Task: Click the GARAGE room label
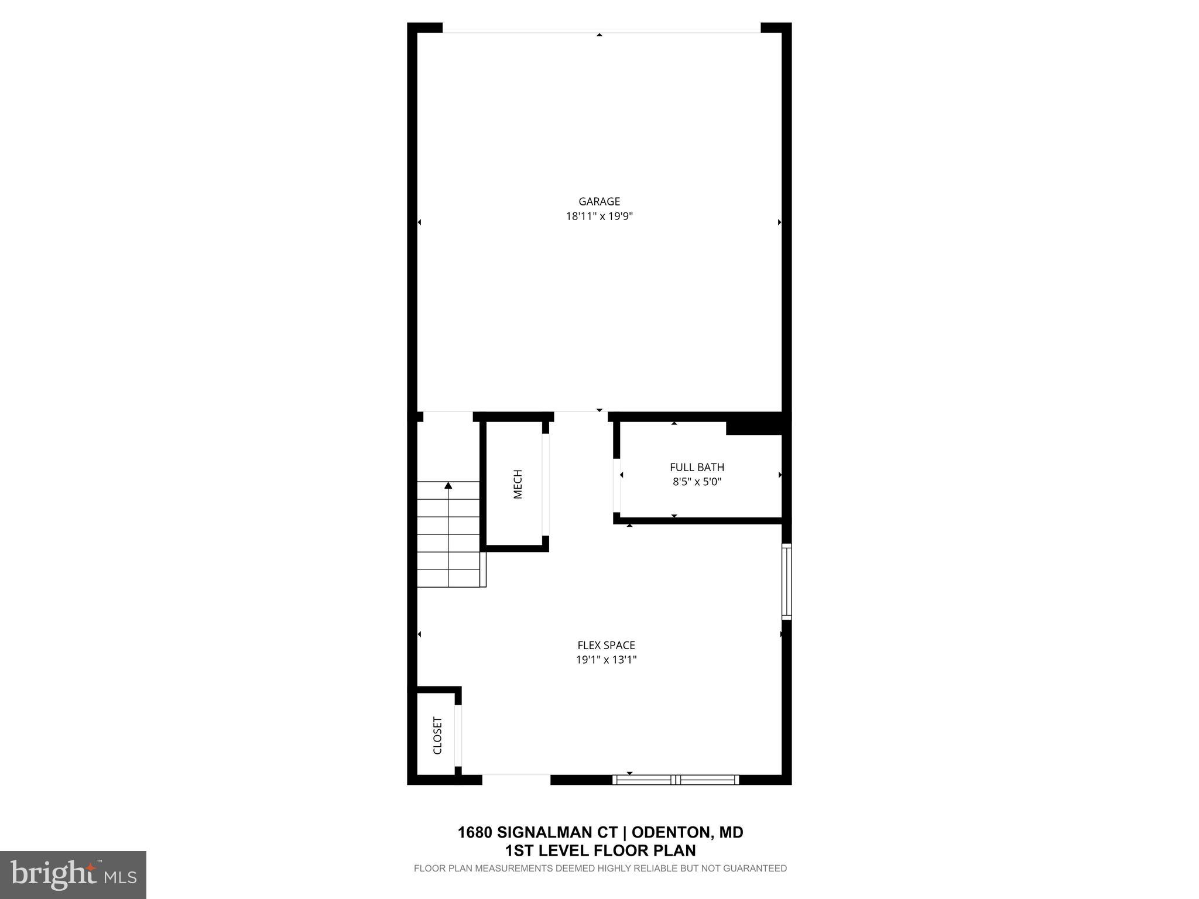[599, 201]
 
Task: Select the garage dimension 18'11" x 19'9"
[599, 217]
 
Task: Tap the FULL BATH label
[697, 467]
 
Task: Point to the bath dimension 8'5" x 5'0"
[697, 482]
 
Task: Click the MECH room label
[518, 484]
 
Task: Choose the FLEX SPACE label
[606, 645]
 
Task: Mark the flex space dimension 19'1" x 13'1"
[606, 660]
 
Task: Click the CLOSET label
[437, 736]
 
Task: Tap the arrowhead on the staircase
[448, 485]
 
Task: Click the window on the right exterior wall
[787, 581]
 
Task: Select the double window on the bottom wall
[676, 780]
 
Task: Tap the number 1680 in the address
[475, 832]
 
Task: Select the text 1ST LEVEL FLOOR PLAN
[600, 850]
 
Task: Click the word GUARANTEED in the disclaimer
[755, 869]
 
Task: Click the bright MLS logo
[73, 875]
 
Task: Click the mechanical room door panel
[546, 485]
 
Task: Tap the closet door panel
[458, 736]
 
